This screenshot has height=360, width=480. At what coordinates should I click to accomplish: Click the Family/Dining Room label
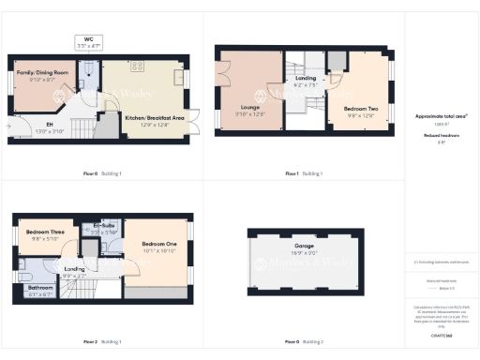(43, 71)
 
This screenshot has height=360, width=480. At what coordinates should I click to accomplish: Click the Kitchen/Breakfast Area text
(154, 118)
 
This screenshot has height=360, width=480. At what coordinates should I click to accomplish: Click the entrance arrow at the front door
(10, 126)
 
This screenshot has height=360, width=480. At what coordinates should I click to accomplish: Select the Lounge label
(249, 108)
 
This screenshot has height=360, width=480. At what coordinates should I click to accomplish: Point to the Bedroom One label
(159, 245)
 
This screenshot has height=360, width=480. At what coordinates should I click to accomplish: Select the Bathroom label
(40, 288)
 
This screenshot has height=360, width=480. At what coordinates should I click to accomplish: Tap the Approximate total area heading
(441, 116)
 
